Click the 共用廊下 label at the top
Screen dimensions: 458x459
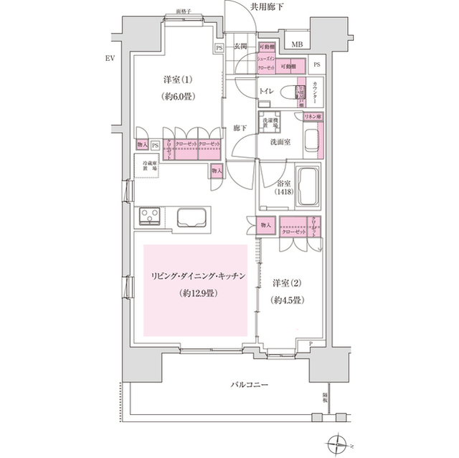(x=268, y=6)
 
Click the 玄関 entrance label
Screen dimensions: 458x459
(x=242, y=47)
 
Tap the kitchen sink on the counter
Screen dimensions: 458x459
(x=190, y=217)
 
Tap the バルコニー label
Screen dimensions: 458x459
(x=250, y=386)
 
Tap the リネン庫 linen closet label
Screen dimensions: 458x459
(x=313, y=116)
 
